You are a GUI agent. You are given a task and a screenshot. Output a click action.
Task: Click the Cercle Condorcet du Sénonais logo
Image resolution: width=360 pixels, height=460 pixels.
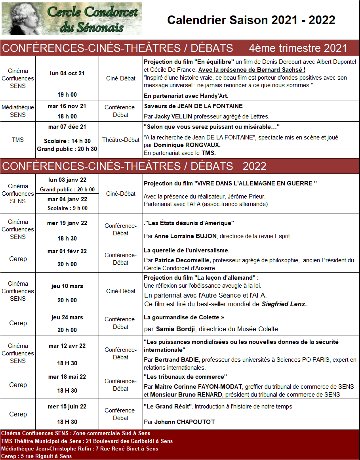pyautogui.click(x=72, y=19)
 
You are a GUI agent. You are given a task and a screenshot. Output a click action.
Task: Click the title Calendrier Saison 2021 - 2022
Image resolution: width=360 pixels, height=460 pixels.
pyautogui.click(x=251, y=20)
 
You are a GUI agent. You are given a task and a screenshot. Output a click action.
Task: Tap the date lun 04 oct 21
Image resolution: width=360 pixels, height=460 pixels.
pyautogui.click(x=67, y=73)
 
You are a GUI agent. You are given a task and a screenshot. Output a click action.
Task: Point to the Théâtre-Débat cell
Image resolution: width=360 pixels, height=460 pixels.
pyautogui.click(x=121, y=140)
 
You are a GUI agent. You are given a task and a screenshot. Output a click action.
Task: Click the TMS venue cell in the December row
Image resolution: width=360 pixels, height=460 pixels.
pyautogui.click(x=18, y=140)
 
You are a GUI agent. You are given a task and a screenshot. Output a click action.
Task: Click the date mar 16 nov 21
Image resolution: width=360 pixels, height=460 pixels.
pyautogui.click(x=67, y=106)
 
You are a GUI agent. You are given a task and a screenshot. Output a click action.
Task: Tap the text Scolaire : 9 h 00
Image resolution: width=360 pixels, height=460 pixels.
pyautogui.click(x=67, y=208)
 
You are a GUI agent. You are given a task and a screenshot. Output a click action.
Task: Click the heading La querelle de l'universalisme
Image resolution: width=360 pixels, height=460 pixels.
pyautogui.click(x=187, y=250)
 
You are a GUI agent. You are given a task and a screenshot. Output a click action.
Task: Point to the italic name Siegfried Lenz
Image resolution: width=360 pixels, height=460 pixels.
pyautogui.click(x=284, y=304)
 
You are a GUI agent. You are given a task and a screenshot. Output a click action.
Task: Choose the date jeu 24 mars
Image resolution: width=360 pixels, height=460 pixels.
pyautogui.click(x=67, y=317)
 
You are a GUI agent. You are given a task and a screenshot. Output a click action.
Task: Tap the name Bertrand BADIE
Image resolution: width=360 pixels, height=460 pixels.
pyautogui.click(x=177, y=360)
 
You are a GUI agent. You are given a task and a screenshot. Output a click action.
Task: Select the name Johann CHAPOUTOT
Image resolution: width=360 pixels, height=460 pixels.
pyautogui.click(x=185, y=422)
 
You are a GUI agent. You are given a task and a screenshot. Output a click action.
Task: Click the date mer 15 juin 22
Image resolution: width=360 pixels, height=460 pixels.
pyautogui.click(x=67, y=407)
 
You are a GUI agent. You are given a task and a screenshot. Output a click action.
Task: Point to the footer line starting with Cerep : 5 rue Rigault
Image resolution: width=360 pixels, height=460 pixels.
pyautogui.click(x=36, y=456)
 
